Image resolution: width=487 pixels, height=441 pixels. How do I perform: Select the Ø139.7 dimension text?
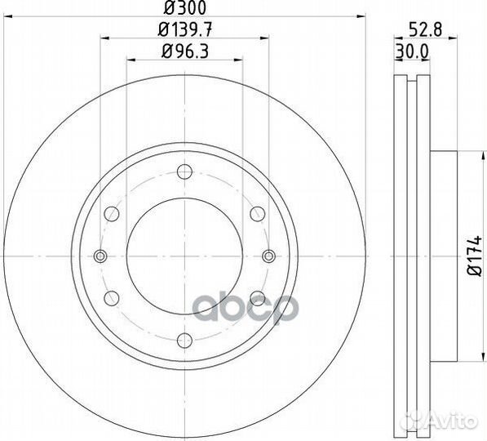[185, 30]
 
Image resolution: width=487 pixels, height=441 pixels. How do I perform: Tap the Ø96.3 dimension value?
[185, 51]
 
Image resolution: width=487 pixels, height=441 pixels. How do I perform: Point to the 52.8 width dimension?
[426, 30]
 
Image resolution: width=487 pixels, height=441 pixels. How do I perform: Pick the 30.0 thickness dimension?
[412, 51]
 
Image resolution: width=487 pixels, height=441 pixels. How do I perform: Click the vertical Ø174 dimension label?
[475, 256]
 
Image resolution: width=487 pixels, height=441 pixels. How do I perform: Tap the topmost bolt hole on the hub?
[185, 171]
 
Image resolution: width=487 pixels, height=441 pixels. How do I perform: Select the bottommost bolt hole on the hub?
[185, 340]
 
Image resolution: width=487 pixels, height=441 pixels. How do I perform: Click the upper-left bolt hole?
[112, 214]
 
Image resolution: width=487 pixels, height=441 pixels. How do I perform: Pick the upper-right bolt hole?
[258, 214]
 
